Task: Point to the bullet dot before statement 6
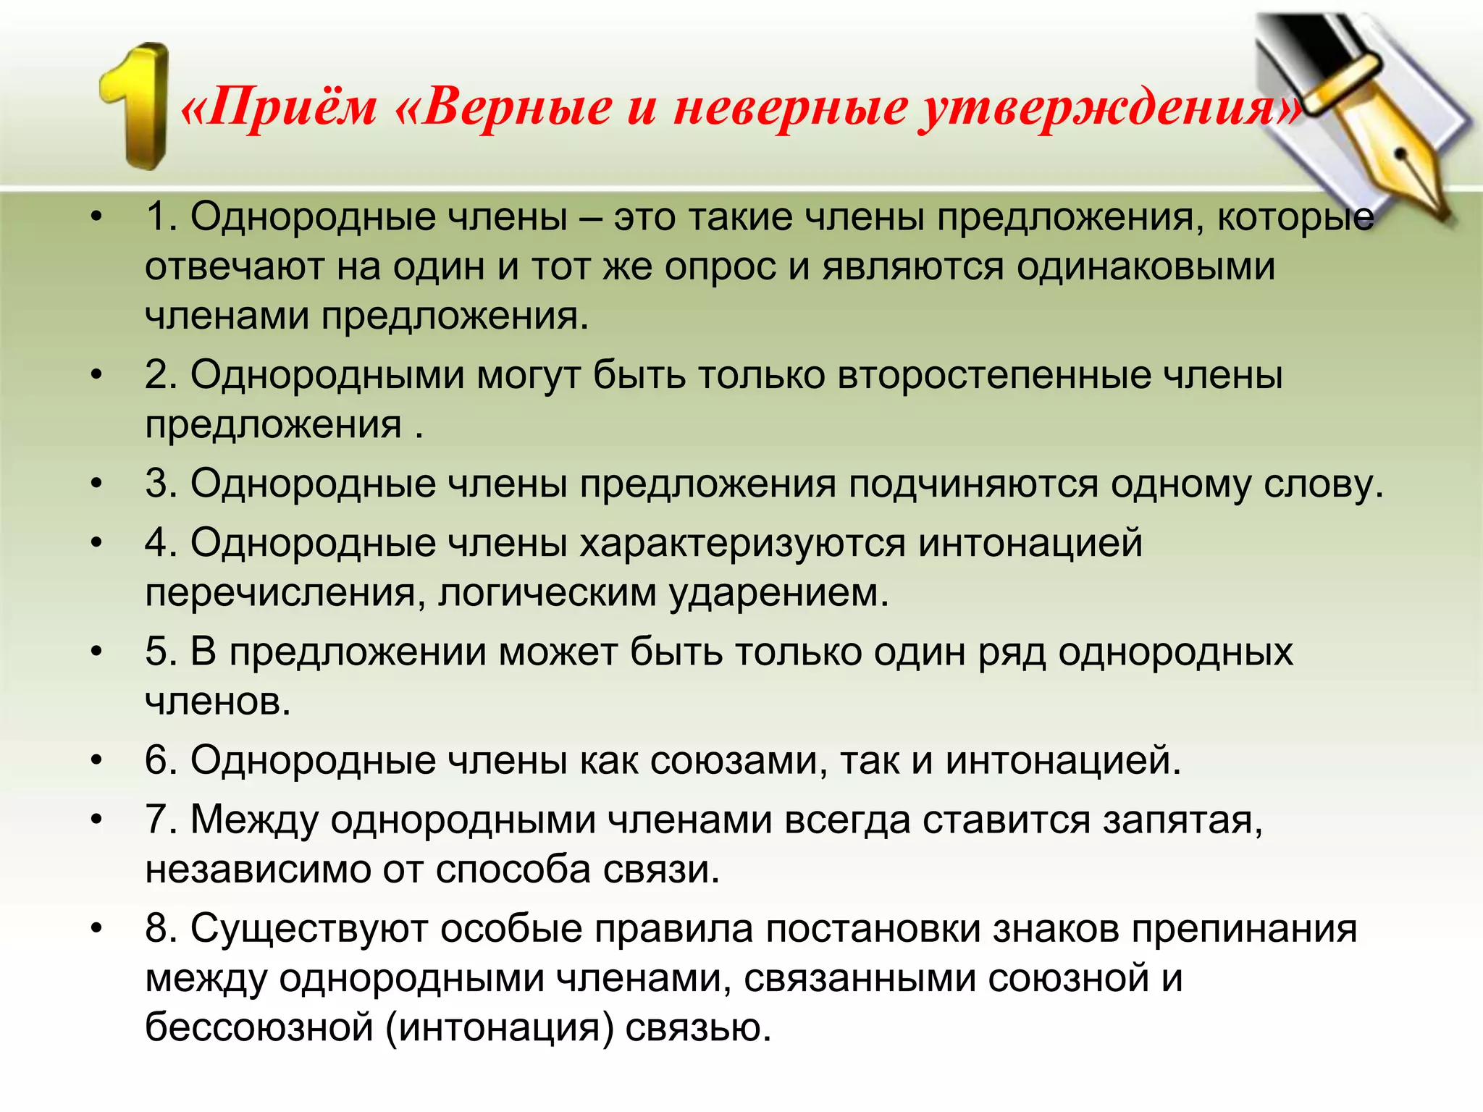(x=97, y=761)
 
